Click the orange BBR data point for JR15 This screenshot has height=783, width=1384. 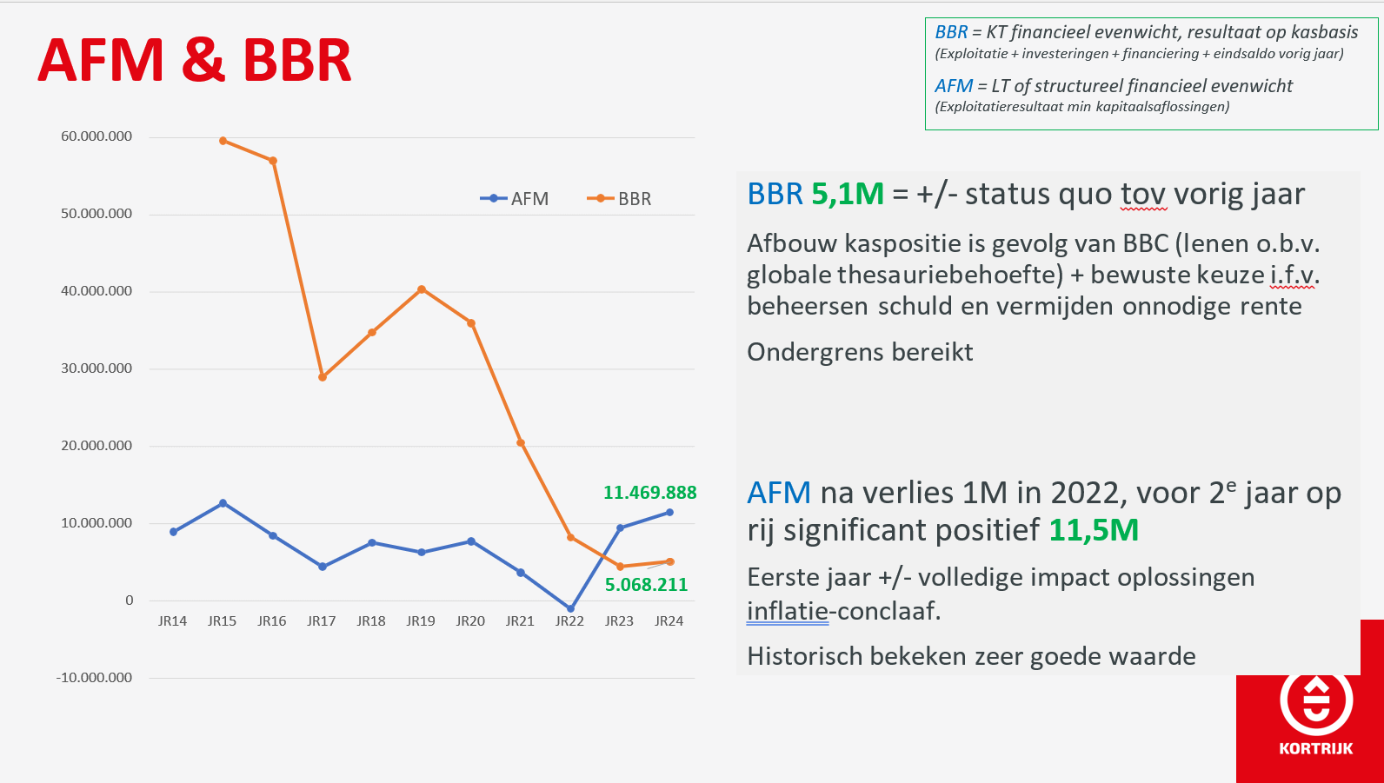[x=223, y=141]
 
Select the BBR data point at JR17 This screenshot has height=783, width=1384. [x=323, y=377]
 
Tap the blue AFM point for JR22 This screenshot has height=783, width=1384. [x=570, y=609]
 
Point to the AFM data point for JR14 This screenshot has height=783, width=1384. [x=174, y=532]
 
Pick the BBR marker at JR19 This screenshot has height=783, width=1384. [x=422, y=289]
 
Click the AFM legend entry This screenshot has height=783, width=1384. [x=514, y=199]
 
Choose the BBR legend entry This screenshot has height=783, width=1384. [x=619, y=199]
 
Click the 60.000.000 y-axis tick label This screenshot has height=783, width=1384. [x=96, y=136]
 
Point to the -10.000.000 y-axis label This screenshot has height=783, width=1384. [x=94, y=677]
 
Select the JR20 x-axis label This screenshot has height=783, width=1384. [x=470, y=621]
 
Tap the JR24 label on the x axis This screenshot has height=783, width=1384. [x=669, y=621]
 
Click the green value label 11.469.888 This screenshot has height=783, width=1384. [x=650, y=493]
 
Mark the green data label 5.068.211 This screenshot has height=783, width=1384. [x=646, y=585]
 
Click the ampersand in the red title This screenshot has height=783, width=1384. [x=203, y=61]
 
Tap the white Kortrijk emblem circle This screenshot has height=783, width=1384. [x=1316, y=700]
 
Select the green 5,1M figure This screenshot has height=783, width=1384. [x=847, y=194]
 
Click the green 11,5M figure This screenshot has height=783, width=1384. [x=1094, y=530]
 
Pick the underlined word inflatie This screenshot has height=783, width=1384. [x=787, y=611]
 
